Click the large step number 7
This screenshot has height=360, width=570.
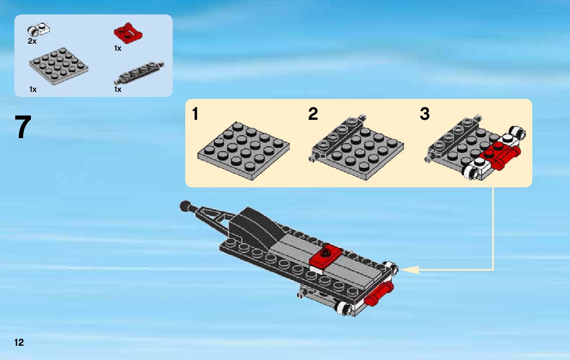click(x=23, y=127)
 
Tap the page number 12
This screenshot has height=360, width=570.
click(x=19, y=342)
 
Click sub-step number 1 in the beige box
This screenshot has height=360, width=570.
click(x=195, y=114)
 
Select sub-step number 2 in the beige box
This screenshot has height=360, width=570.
click(x=313, y=114)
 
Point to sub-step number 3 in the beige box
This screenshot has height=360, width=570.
click(x=425, y=114)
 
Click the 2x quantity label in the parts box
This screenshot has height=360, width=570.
click(x=32, y=42)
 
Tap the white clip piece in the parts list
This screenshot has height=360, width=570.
click(x=39, y=29)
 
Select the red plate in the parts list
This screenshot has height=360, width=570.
click(x=128, y=34)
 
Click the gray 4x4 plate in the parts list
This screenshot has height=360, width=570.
click(x=58, y=66)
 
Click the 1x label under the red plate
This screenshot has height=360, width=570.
click(x=118, y=48)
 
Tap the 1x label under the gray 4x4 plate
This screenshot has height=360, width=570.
click(x=33, y=89)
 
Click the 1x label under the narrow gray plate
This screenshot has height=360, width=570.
click(x=118, y=89)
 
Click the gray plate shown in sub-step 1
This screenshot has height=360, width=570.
click(x=244, y=151)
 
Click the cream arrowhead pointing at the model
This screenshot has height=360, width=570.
click(x=410, y=270)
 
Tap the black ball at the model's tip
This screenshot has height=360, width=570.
click(x=186, y=206)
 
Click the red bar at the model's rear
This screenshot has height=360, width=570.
click(x=379, y=294)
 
